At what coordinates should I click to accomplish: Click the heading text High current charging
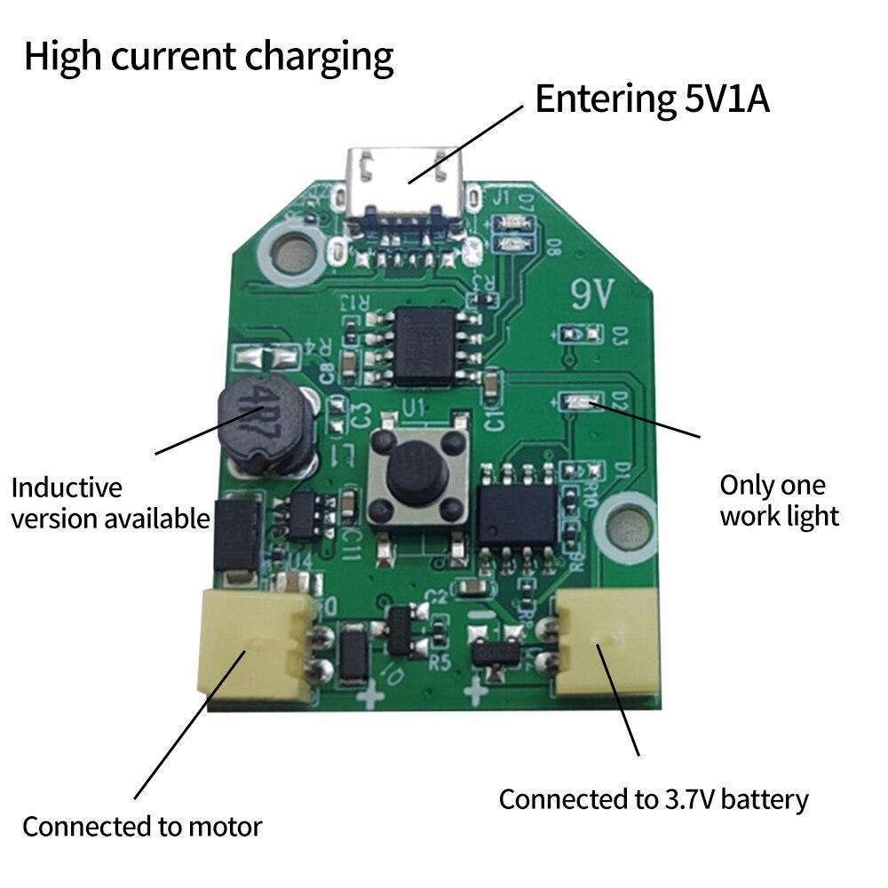click(x=209, y=57)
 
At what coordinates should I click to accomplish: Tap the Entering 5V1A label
click(x=652, y=99)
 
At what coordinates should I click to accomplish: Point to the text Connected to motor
click(x=142, y=827)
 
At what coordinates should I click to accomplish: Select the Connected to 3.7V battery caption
click(x=654, y=799)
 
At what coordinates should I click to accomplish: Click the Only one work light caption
click(x=779, y=500)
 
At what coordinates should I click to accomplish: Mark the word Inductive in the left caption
click(x=66, y=488)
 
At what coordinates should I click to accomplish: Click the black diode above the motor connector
click(x=236, y=536)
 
